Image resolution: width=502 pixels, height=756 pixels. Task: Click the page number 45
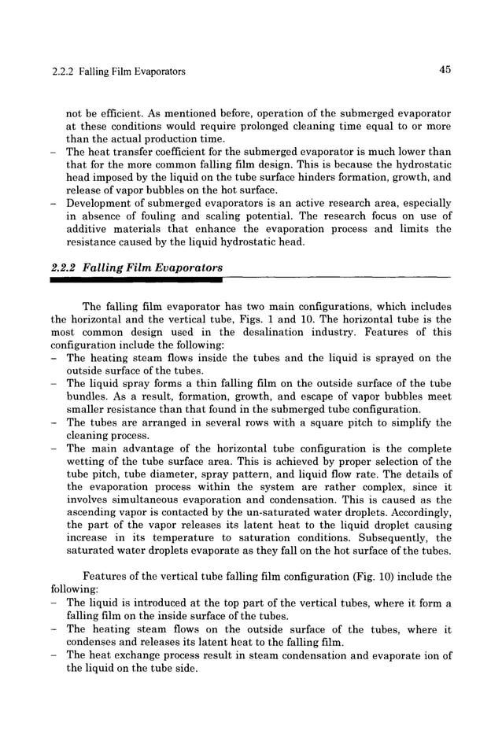tap(445, 71)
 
